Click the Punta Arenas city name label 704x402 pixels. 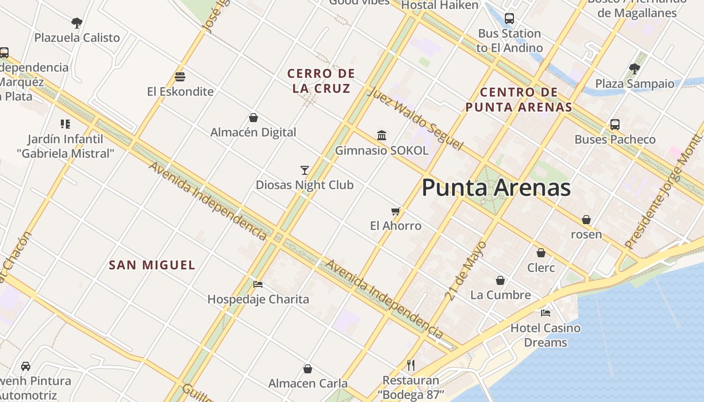496,188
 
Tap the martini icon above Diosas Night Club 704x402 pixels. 304,170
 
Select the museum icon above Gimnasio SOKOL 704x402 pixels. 382,135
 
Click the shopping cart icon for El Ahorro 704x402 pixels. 396,211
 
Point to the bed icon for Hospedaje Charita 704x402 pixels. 258,284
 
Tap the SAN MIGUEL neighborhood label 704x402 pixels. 152,265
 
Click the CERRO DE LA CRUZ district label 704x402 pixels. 321,81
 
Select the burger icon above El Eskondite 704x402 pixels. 180,77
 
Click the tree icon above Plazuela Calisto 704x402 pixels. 77,23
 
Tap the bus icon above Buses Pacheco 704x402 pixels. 614,125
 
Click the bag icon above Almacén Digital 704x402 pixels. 253,118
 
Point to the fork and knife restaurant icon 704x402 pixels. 411,365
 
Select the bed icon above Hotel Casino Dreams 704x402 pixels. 546,313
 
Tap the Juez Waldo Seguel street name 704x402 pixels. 415,119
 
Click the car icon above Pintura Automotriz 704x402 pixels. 26,366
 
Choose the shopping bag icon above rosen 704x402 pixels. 586,220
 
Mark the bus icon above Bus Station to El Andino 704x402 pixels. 509,19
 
